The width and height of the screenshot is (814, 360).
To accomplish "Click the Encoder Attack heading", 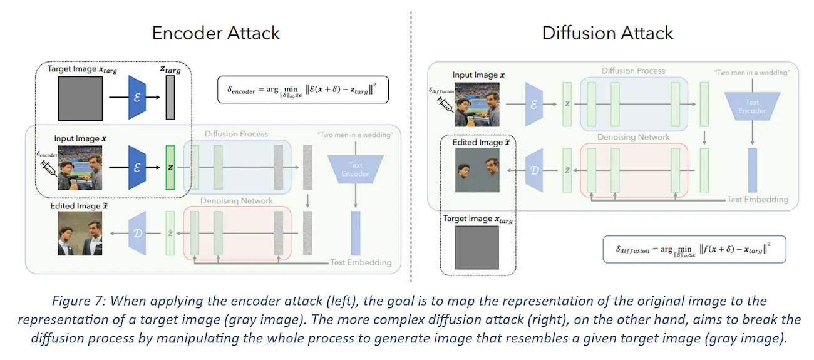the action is click(x=215, y=33).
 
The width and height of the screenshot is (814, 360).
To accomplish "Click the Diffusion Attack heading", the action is click(x=607, y=33).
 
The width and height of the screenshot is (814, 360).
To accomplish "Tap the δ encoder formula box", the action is click(x=302, y=90).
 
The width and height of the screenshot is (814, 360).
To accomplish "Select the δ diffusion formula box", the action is click(x=694, y=249).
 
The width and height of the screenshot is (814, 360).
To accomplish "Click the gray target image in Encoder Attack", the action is click(x=80, y=98).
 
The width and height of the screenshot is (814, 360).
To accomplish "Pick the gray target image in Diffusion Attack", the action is click(x=477, y=248).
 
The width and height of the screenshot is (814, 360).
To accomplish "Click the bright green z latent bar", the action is click(x=170, y=167).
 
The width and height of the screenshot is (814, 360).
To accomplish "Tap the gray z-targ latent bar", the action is click(x=170, y=97).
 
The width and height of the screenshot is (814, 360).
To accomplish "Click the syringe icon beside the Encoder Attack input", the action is click(x=49, y=168).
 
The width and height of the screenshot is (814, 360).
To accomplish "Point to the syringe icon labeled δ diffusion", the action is click(x=445, y=105).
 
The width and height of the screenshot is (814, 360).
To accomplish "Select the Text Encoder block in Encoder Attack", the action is click(x=356, y=169).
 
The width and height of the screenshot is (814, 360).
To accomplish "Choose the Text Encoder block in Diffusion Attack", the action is click(x=752, y=106).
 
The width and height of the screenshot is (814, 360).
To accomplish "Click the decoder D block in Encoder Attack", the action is click(x=137, y=234).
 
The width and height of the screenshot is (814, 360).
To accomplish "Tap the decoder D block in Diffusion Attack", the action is click(x=534, y=170).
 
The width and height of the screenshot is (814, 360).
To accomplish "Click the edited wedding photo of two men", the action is click(x=80, y=234).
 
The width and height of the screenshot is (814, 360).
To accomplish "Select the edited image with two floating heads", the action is click(x=477, y=170).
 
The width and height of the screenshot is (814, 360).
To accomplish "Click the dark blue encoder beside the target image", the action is click(x=137, y=97).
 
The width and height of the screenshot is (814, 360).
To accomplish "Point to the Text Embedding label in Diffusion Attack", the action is click(x=758, y=200).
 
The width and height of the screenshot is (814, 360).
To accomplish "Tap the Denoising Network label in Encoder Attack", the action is click(x=237, y=201).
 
